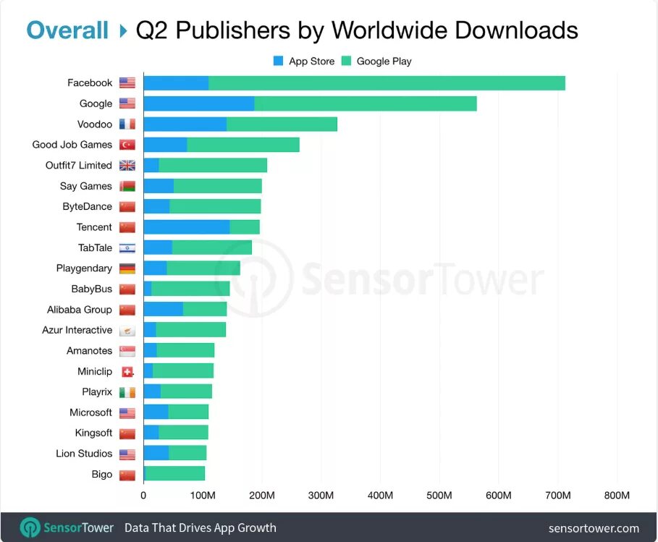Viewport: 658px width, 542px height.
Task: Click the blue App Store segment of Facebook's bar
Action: [176, 83]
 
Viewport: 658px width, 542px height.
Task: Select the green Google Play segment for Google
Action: [366, 103]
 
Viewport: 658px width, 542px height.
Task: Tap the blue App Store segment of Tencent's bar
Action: [186, 227]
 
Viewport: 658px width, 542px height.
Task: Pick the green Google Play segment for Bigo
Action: [175, 475]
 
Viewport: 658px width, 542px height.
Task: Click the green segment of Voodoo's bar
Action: [282, 124]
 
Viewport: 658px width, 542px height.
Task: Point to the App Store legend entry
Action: [304, 62]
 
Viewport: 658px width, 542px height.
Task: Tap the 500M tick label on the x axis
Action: [439, 496]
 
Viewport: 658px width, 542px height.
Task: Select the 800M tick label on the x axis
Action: [617, 496]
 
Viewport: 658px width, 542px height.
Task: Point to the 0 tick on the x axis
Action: [143, 496]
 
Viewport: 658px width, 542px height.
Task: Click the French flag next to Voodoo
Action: [127, 124]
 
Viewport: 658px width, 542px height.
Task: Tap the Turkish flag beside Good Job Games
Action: [127, 145]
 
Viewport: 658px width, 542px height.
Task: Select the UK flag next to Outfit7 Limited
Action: [127, 166]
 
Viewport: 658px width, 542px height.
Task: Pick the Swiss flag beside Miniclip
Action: [127, 372]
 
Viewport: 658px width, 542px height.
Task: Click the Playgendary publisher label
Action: [84, 268]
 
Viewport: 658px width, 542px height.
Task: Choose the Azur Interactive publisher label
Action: [77, 330]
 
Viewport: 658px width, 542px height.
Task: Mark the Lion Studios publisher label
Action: [84, 454]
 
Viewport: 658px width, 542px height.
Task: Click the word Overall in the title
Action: [67, 30]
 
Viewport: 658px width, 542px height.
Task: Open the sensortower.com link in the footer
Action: [594, 528]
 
